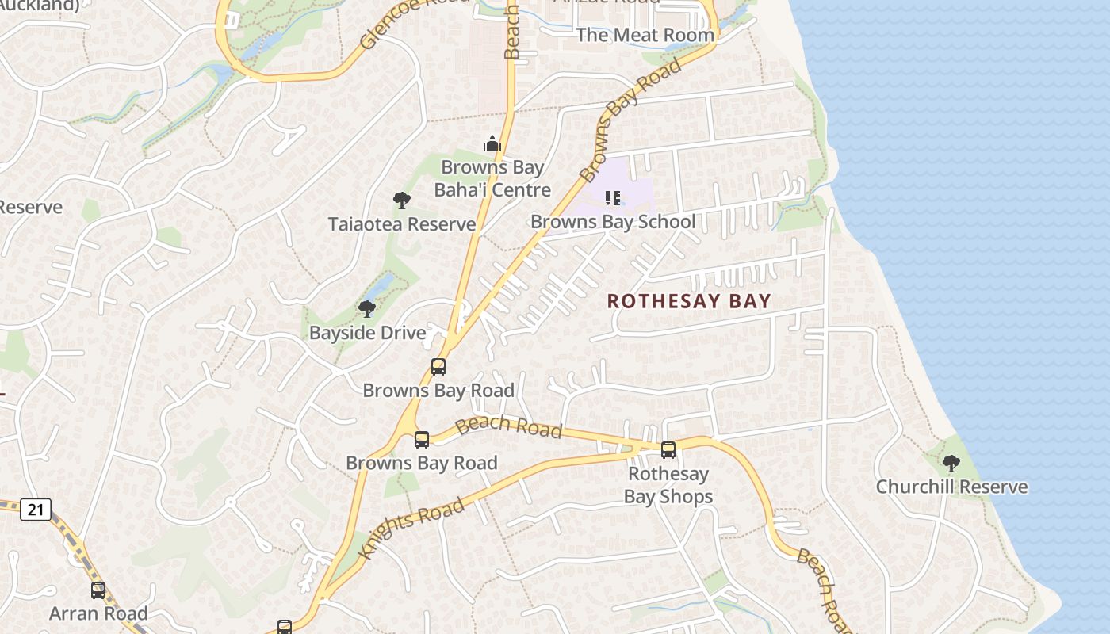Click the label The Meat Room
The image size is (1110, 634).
pyautogui.click(x=645, y=35)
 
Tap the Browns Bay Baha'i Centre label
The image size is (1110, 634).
pyautogui.click(x=492, y=178)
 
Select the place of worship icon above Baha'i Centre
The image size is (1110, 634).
pyautogui.click(x=492, y=143)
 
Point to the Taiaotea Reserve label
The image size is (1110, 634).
pyautogui.click(x=402, y=224)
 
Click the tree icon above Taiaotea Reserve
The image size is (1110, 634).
pyautogui.click(x=402, y=200)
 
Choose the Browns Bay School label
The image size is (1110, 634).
pyautogui.click(x=613, y=222)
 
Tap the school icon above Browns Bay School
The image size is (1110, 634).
pyautogui.click(x=613, y=197)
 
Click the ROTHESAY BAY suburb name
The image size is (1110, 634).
pyautogui.click(x=689, y=301)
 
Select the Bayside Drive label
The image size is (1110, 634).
pyautogui.click(x=368, y=333)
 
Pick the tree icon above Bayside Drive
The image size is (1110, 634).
pyautogui.click(x=366, y=308)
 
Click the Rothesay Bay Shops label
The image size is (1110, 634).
pyautogui.click(x=668, y=485)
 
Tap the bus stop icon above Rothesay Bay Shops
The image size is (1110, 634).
pyautogui.click(x=668, y=450)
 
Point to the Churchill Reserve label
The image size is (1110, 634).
pyautogui.click(x=951, y=487)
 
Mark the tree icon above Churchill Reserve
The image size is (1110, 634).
pyautogui.click(x=951, y=463)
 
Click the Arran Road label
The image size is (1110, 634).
pyautogui.click(x=98, y=613)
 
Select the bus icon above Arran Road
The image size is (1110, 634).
pyautogui.click(x=98, y=590)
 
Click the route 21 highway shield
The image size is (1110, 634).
pyautogui.click(x=36, y=509)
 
